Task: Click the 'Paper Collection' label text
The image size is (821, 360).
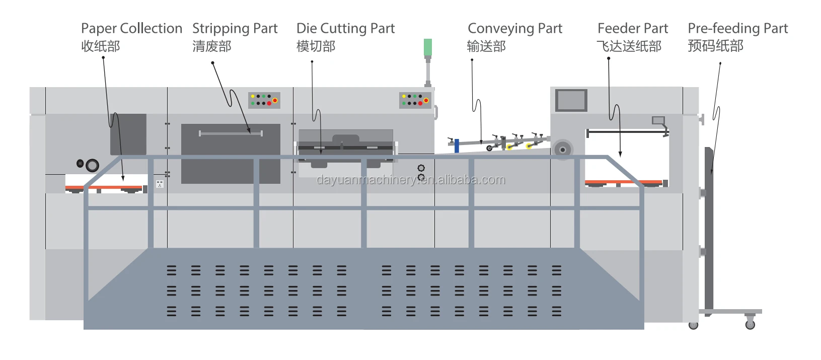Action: click(131, 29)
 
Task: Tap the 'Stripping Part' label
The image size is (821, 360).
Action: click(235, 29)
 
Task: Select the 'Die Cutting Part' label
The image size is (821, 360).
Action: click(345, 29)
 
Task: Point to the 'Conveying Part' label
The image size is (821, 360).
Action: click(514, 29)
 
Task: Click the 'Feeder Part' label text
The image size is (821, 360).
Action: click(632, 29)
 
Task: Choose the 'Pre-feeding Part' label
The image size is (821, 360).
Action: click(737, 29)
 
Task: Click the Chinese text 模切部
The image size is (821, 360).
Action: click(316, 47)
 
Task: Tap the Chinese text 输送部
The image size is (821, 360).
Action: click(486, 47)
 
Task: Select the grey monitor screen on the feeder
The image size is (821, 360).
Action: click(571, 100)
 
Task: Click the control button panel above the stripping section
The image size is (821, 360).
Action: click(264, 100)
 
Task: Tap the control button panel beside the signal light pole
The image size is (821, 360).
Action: click(415, 100)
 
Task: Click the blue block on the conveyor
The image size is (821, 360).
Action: click(457, 146)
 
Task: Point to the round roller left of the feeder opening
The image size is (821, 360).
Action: click(562, 150)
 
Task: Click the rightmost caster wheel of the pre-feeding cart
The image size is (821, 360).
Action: click(750, 324)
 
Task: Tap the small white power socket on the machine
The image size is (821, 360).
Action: click(160, 184)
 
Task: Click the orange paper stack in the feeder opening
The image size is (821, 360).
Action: click(623, 182)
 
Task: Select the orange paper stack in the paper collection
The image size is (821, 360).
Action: click(104, 188)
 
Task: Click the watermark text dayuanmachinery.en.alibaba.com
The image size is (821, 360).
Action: click(411, 180)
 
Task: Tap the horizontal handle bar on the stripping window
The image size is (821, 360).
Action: click(231, 133)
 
